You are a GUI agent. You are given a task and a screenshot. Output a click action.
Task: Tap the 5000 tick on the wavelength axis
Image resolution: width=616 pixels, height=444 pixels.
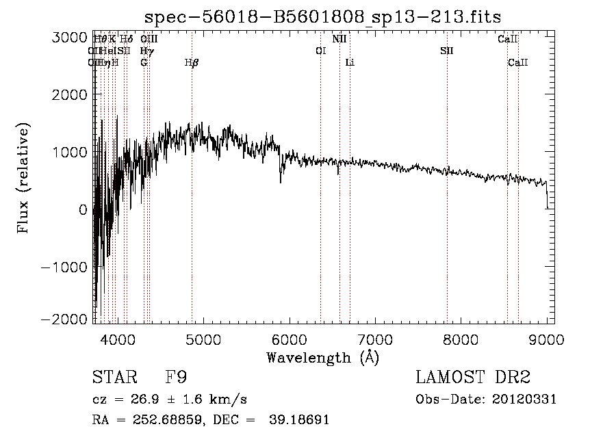click(203, 338)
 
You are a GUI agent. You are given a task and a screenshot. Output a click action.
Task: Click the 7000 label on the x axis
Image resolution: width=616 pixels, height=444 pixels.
click(375, 338)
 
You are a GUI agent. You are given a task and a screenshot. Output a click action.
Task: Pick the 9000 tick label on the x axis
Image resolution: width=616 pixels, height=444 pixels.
click(546, 338)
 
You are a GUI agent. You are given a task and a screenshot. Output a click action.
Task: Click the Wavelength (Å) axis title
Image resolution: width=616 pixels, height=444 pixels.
click(322, 356)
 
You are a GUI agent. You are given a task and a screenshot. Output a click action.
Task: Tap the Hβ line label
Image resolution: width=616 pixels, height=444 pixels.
click(192, 63)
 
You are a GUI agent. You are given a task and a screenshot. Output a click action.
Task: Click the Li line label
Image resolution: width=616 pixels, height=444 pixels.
click(350, 63)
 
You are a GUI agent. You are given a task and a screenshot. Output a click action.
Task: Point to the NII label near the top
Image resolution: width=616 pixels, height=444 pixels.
click(339, 39)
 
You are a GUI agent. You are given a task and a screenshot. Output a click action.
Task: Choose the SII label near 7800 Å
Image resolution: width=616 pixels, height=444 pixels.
click(447, 51)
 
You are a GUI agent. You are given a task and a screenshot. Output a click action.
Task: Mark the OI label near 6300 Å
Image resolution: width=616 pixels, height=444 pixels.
click(320, 51)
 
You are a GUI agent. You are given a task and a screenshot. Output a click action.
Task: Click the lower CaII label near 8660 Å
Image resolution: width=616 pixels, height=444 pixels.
click(518, 63)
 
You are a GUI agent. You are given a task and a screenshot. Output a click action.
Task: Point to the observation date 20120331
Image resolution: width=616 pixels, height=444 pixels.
click(527, 400)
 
